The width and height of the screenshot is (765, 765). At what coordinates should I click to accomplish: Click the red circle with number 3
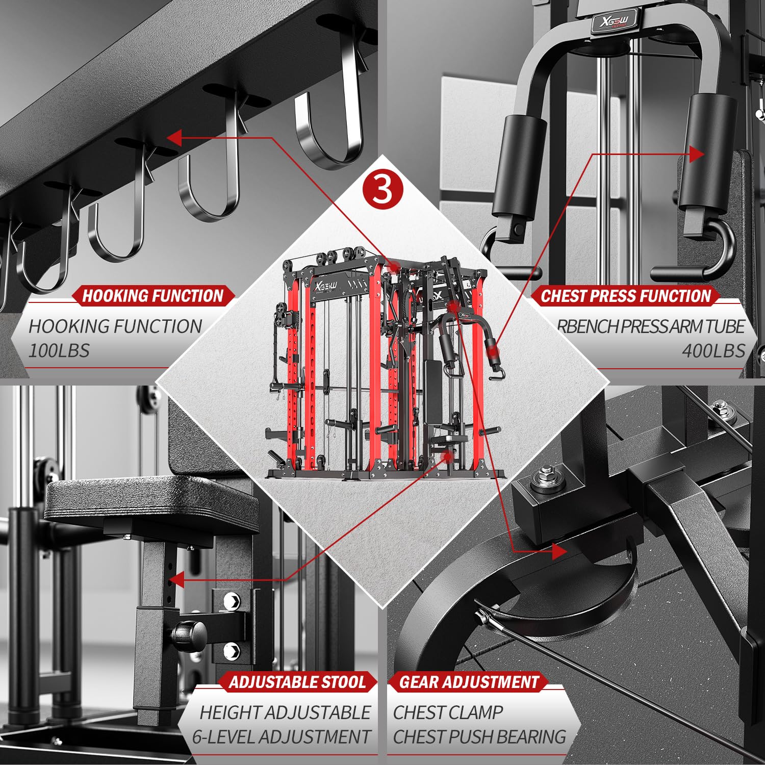[x=382, y=189]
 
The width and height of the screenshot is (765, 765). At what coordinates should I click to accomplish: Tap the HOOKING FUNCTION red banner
[x=153, y=296]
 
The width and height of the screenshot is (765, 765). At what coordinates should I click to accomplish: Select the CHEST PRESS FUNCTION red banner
[x=626, y=296]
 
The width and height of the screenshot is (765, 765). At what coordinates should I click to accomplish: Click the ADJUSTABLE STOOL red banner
[x=298, y=682]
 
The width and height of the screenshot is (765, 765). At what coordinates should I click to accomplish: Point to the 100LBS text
[x=59, y=351]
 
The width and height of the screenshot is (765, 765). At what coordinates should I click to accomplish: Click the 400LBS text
[x=713, y=351]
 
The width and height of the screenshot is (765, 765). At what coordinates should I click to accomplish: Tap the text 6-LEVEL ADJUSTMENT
[x=281, y=737]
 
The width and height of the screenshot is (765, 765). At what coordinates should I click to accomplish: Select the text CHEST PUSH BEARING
[x=479, y=737]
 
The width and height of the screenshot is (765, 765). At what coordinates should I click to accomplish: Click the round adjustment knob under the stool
[x=189, y=634]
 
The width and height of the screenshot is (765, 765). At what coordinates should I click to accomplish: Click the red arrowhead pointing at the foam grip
[x=696, y=154]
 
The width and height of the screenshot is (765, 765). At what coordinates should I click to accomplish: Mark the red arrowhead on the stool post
[x=176, y=580]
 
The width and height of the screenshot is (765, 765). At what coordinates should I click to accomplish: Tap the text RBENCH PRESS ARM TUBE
[x=651, y=326]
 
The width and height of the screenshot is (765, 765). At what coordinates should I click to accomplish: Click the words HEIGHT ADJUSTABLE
[x=285, y=712]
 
